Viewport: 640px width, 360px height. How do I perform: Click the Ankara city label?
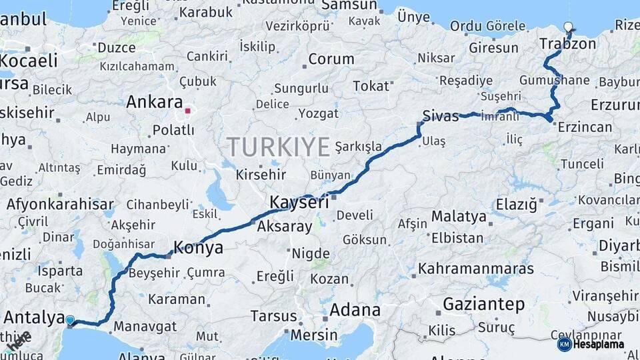[154, 103]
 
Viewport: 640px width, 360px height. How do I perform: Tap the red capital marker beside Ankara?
[189, 111]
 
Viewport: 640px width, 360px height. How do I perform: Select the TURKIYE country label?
[279, 146]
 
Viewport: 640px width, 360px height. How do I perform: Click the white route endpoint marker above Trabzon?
[568, 27]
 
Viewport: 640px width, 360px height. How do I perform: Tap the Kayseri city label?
[299, 201]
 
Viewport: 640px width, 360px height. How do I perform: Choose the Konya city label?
[198, 248]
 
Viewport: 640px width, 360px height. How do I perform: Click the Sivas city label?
[441, 116]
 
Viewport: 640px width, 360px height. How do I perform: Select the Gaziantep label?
[483, 305]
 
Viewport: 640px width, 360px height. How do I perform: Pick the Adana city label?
[355, 310]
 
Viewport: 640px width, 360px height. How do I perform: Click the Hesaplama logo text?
[599, 344]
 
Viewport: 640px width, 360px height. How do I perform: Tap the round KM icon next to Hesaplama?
[564, 344]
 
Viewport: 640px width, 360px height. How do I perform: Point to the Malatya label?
[459, 217]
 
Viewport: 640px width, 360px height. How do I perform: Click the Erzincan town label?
[585, 127]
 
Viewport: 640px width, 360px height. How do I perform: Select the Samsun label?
[349, 5]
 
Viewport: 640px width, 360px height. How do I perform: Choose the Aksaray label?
[284, 227]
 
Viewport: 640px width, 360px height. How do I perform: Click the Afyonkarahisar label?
[60, 204]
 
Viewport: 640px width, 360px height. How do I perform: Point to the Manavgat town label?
[145, 327]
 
